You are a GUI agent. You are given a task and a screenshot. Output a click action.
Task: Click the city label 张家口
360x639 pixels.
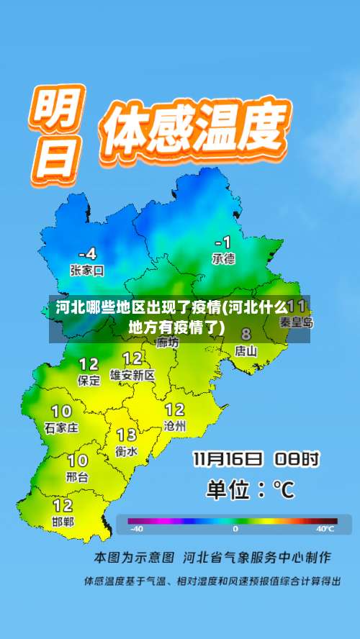point(87,271)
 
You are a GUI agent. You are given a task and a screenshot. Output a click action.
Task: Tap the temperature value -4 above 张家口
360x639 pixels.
point(87,254)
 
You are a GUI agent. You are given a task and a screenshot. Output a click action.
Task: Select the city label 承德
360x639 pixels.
point(223,258)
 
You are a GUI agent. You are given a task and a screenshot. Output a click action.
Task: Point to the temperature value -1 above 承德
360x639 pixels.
point(223,242)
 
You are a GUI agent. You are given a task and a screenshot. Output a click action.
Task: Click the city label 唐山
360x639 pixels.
point(246,351)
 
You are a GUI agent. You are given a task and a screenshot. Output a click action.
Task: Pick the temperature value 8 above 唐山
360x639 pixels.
point(246,335)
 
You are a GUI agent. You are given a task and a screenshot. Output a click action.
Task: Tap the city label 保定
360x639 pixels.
point(89,381)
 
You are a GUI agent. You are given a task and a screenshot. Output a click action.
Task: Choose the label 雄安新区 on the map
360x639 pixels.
point(132,375)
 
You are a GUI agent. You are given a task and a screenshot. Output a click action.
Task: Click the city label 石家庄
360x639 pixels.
point(61,427)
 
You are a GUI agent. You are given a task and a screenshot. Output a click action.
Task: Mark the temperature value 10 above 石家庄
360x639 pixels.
point(61,411)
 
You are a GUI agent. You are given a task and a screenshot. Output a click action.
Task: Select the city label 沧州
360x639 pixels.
point(175,426)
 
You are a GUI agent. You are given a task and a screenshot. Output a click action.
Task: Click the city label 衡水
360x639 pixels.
point(127,451)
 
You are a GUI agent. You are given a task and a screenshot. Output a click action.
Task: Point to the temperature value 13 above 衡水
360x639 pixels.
point(127,435)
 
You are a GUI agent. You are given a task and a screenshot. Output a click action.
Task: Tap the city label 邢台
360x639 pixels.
point(77,476)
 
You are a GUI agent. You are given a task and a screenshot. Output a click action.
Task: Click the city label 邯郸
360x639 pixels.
point(63,522)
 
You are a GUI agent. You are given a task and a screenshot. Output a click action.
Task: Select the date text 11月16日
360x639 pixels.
point(227,458)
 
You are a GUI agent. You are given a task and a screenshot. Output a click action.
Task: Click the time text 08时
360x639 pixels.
point(300,458)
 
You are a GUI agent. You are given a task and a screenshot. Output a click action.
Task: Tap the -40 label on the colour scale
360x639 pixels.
point(136,529)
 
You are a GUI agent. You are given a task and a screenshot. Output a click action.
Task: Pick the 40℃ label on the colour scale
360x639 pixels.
point(325,529)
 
